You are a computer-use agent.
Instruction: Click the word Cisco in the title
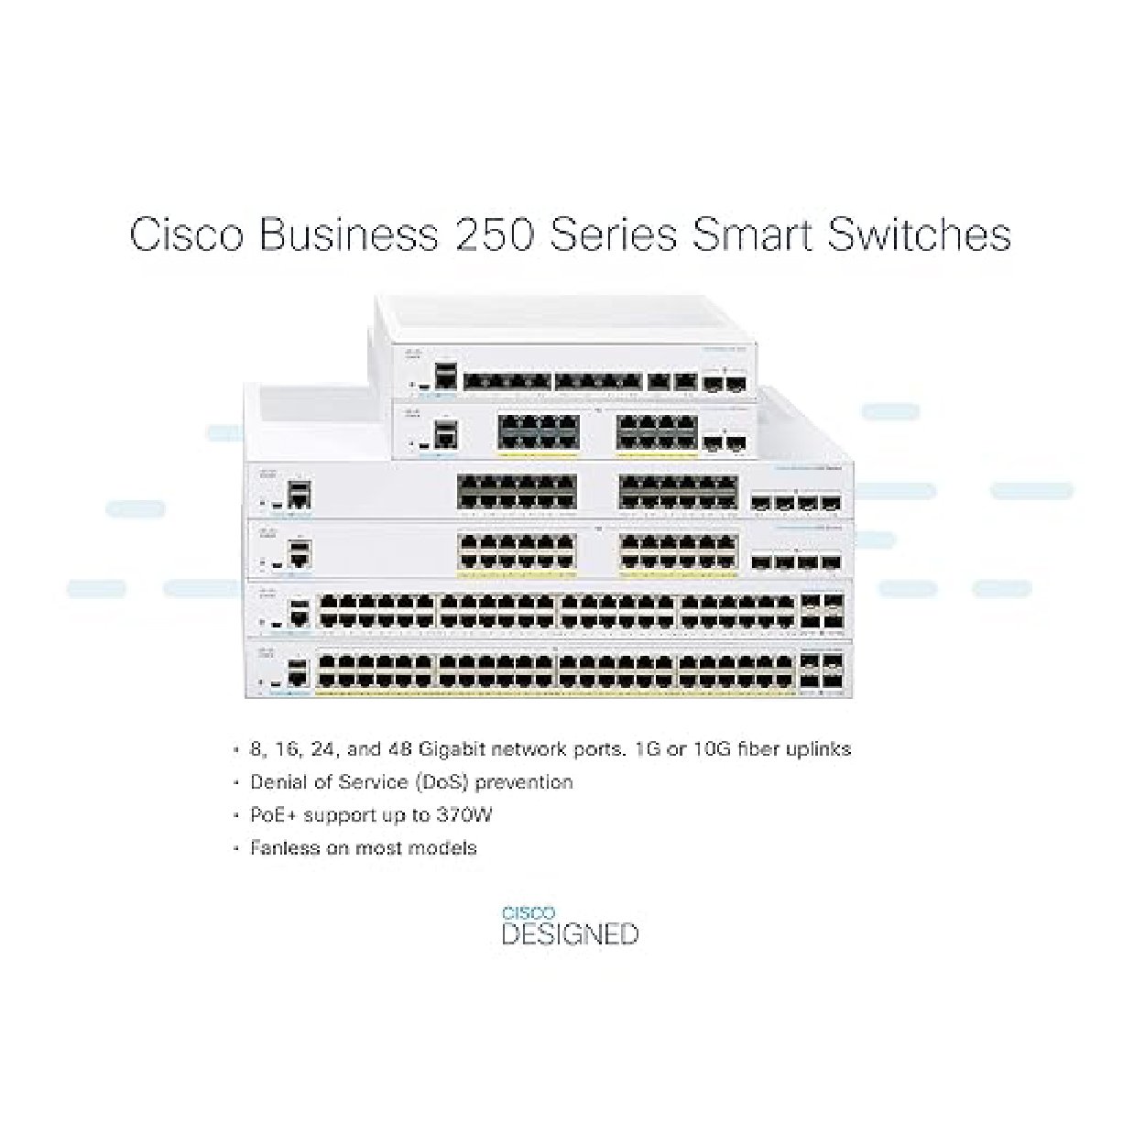(186, 234)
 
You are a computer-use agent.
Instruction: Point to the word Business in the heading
(348, 234)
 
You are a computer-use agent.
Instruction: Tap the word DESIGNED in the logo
(570, 934)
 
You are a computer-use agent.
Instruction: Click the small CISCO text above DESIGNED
(528, 912)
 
